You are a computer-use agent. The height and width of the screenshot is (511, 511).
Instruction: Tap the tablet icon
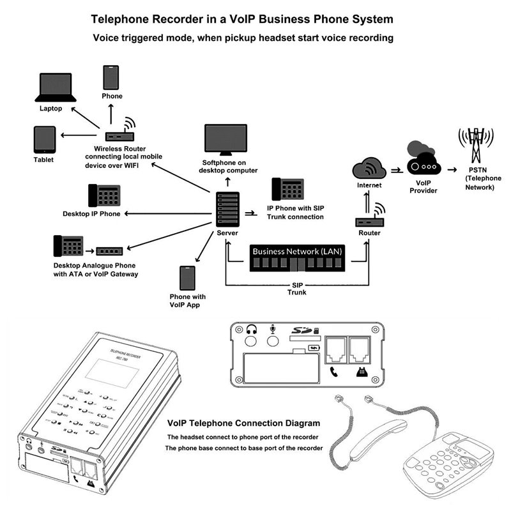[x=45, y=139]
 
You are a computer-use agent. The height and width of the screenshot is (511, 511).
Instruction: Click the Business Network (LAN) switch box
[x=297, y=259]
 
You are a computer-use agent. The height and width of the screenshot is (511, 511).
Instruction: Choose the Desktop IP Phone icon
[x=104, y=195]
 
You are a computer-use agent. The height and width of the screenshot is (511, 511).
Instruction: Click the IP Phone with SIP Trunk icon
[x=287, y=190]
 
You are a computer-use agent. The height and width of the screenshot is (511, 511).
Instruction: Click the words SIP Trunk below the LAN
[x=297, y=289]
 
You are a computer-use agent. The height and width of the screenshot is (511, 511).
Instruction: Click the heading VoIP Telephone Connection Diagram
[x=243, y=423]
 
